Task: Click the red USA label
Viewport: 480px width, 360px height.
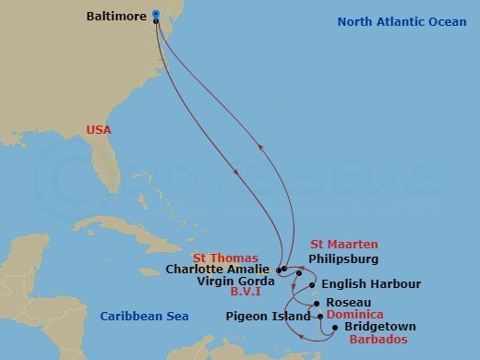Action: [98, 130]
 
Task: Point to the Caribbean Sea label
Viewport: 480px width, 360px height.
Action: [144, 317]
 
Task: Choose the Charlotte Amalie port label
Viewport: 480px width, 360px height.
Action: [220, 270]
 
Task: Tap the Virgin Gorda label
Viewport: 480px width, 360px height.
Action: [236, 281]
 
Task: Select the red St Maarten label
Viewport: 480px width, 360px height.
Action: [344, 245]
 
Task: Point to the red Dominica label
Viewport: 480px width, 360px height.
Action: [355, 315]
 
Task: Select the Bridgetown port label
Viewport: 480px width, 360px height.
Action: [379, 327]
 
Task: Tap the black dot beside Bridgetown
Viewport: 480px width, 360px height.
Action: [336, 326]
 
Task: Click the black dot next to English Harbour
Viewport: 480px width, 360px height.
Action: [313, 284]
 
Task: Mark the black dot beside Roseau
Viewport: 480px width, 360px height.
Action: [318, 303]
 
